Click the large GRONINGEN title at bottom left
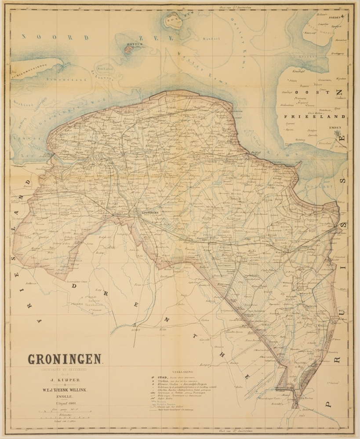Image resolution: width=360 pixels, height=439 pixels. (65, 359)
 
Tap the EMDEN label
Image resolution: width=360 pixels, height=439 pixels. (334, 128)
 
